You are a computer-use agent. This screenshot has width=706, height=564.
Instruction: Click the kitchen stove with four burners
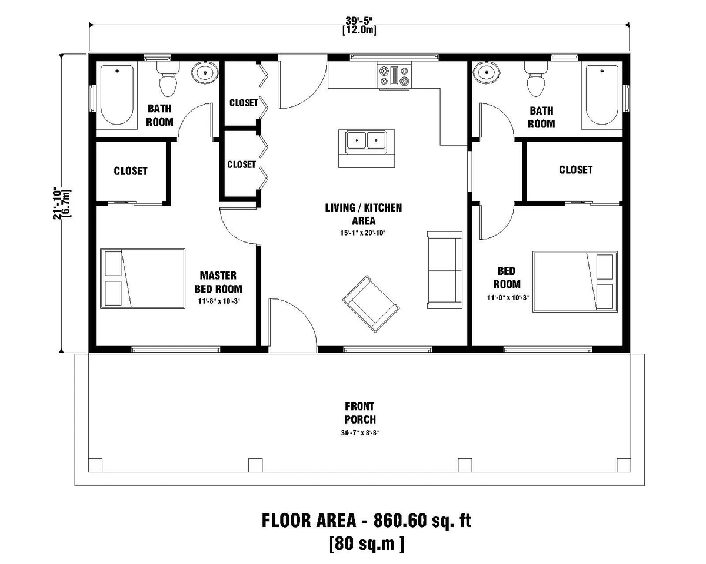tap(396, 76)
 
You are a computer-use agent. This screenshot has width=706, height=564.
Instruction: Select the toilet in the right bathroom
tap(536, 79)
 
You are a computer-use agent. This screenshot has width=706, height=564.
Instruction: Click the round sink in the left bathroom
tap(205, 73)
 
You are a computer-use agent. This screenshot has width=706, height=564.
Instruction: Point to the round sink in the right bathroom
tap(487, 73)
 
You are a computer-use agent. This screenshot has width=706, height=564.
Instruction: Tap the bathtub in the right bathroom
tap(601, 95)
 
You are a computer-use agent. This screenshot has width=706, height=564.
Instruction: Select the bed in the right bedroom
tap(575, 281)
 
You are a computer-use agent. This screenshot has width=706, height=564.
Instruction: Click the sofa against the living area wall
tap(445, 270)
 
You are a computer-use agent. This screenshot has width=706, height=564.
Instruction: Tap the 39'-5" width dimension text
tap(359, 22)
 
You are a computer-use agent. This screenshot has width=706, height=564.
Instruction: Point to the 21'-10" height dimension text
tap(57, 203)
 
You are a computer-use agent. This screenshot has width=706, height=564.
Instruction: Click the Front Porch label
tap(360, 413)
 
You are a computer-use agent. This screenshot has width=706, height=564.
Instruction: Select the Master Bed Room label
tap(218, 283)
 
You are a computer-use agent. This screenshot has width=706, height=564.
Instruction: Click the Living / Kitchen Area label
tap(364, 214)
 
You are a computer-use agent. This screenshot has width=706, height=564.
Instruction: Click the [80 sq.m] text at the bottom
tap(367, 543)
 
